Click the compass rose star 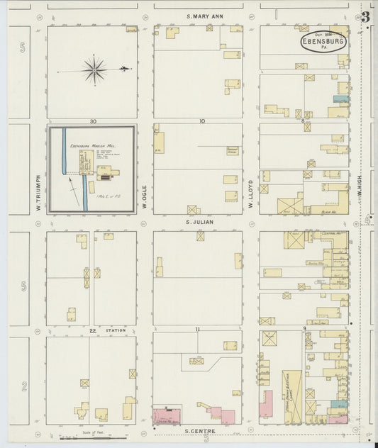[94, 69]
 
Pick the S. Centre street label [199, 430]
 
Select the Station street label [116, 330]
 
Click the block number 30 [92, 121]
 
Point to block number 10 [201, 121]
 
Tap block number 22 [92, 330]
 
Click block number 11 [201, 330]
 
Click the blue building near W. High [341, 99]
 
